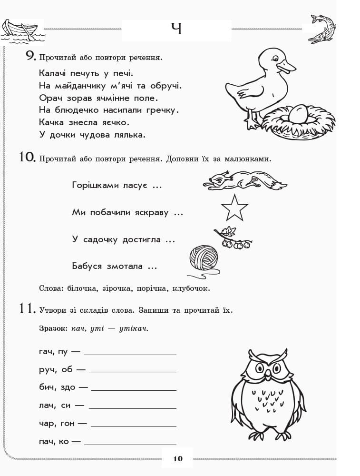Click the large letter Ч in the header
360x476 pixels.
click(176, 30)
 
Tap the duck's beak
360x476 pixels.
click(287, 67)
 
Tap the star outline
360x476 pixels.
click(234, 207)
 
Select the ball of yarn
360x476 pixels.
click(204, 258)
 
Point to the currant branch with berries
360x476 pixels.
click(233, 238)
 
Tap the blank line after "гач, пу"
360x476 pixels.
click(130, 354)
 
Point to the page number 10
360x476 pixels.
click(177, 459)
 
